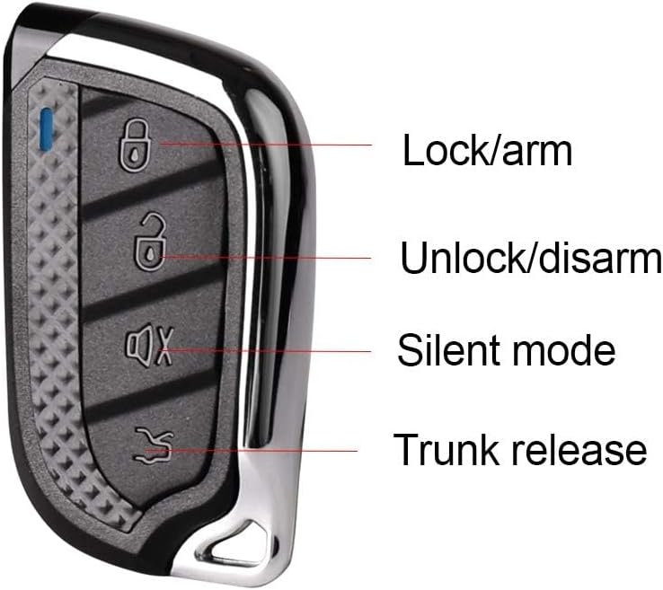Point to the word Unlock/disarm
pyautogui.click(x=531, y=259)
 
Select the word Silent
pyautogui.click(x=447, y=349)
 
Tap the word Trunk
pyautogui.click(x=446, y=449)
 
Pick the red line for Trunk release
pyautogui.click(x=270, y=450)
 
